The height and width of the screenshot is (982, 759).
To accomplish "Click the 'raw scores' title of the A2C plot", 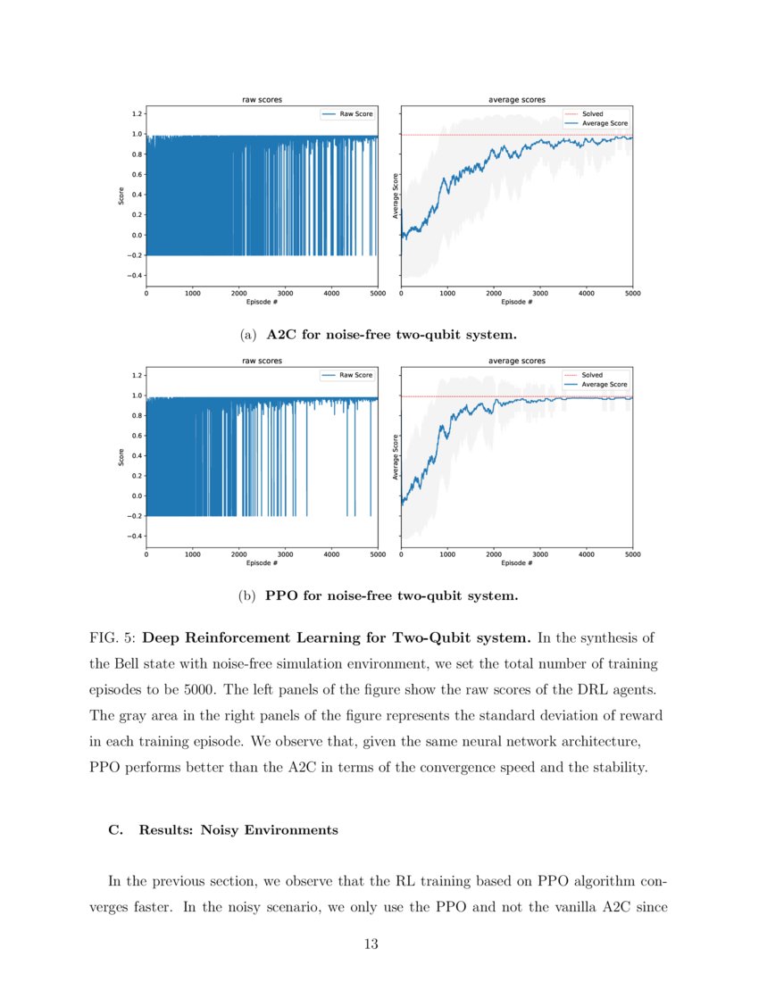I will (x=262, y=100).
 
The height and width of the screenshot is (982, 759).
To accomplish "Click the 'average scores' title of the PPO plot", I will (x=517, y=361).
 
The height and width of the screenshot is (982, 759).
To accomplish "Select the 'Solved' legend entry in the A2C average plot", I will (x=592, y=114).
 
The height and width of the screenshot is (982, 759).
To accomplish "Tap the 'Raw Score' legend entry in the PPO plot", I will (x=355, y=375).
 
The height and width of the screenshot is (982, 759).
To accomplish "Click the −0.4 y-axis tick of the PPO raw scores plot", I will (x=135, y=536).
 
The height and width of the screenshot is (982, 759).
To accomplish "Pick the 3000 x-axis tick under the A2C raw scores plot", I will (x=285, y=293).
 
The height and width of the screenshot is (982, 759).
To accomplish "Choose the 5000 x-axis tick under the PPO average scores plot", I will (x=632, y=554).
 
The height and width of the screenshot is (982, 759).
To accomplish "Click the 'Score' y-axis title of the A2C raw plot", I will (x=121, y=195).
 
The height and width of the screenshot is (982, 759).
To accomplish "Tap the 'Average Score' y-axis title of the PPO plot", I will (x=396, y=457).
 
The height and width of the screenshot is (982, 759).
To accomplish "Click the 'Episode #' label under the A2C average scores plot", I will (x=517, y=302).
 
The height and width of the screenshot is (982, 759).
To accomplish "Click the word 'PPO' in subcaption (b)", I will (x=285, y=595).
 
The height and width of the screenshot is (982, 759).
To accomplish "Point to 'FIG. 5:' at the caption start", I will (x=113, y=638).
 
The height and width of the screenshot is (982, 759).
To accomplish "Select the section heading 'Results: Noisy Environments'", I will (x=238, y=830).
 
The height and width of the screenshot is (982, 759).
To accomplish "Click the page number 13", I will (x=371, y=945).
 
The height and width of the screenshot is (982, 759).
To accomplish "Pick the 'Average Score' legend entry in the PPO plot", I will (x=605, y=384).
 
